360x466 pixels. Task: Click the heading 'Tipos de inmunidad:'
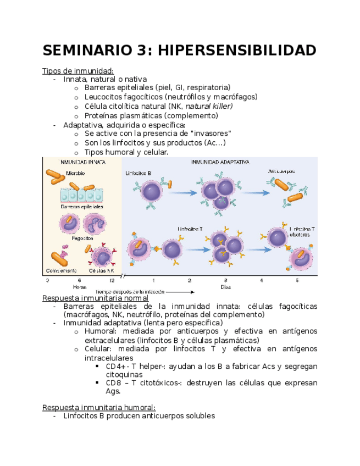(78, 70)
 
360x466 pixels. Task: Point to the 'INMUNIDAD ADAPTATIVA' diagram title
(220, 162)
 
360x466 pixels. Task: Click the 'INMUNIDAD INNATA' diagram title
(83, 162)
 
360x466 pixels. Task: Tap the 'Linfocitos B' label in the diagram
(139, 173)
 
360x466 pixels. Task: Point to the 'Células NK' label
(102, 270)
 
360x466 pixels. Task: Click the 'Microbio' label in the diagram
(75, 173)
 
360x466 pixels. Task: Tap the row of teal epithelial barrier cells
(81, 195)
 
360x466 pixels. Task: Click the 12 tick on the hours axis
(112, 280)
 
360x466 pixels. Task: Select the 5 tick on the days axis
(297, 280)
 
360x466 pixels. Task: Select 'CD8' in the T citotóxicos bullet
(114, 383)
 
